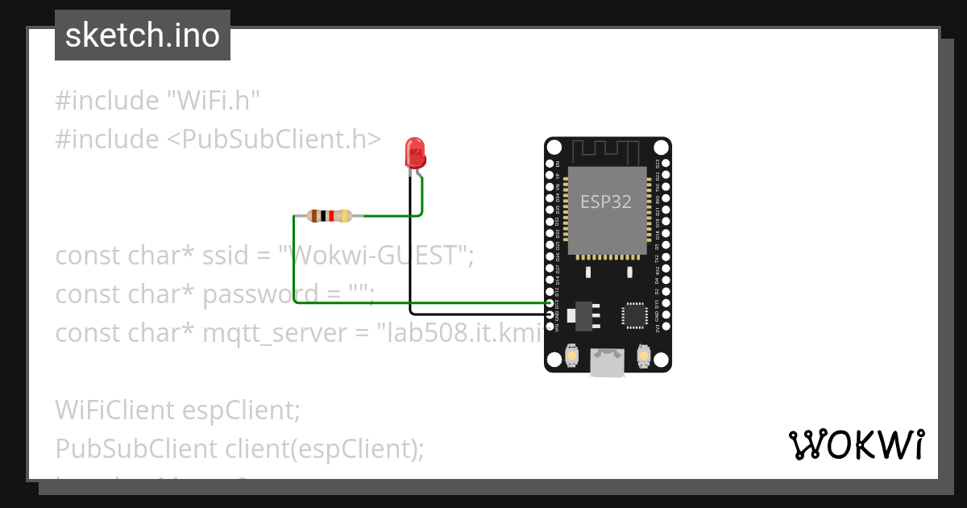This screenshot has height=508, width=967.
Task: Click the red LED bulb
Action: pyautogui.click(x=415, y=151)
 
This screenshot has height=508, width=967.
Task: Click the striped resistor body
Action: pyautogui.click(x=329, y=215)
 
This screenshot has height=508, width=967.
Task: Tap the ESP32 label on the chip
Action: pyautogui.click(x=606, y=202)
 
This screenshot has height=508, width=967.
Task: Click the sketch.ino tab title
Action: pyautogui.click(x=143, y=35)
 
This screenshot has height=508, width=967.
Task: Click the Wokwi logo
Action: pyautogui.click(x=856, y=445)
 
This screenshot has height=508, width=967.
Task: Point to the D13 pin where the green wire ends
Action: pyautogui.click(x=550, y=303)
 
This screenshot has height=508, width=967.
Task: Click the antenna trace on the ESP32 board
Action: pyautogui.click(x=606, y=151)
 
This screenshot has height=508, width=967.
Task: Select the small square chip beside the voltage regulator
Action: pyautogui.click(x=633, y=315)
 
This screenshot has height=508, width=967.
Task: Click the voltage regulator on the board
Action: pyautogui.click(x=583, y=315)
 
